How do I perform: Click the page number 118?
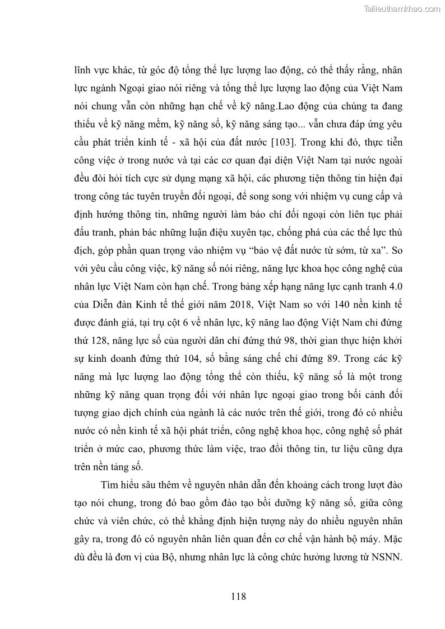pos(238,596)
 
